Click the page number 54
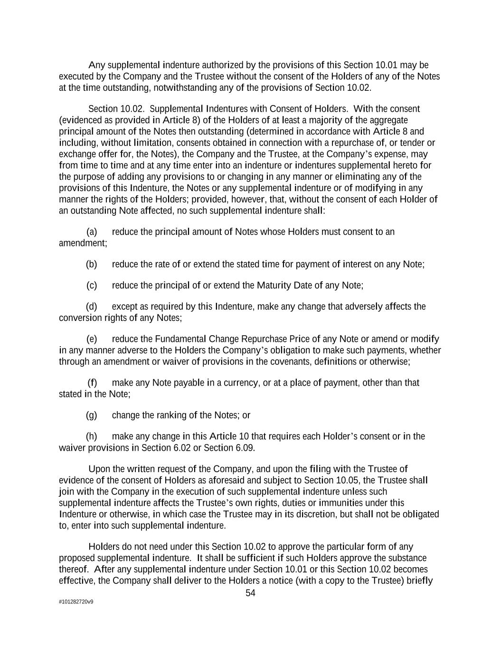(x=250, y=593)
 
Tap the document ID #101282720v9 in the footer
(x=76, y=602)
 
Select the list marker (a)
(x=92, y=232)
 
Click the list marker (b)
(x=92, y=264)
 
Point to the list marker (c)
(x=92, y=285)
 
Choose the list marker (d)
(x=92, y=307)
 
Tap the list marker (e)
(x=92, y=339)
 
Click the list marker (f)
(x=92, y=383)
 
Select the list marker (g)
(x=92, y=416)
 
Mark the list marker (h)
(x=92, y=436)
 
